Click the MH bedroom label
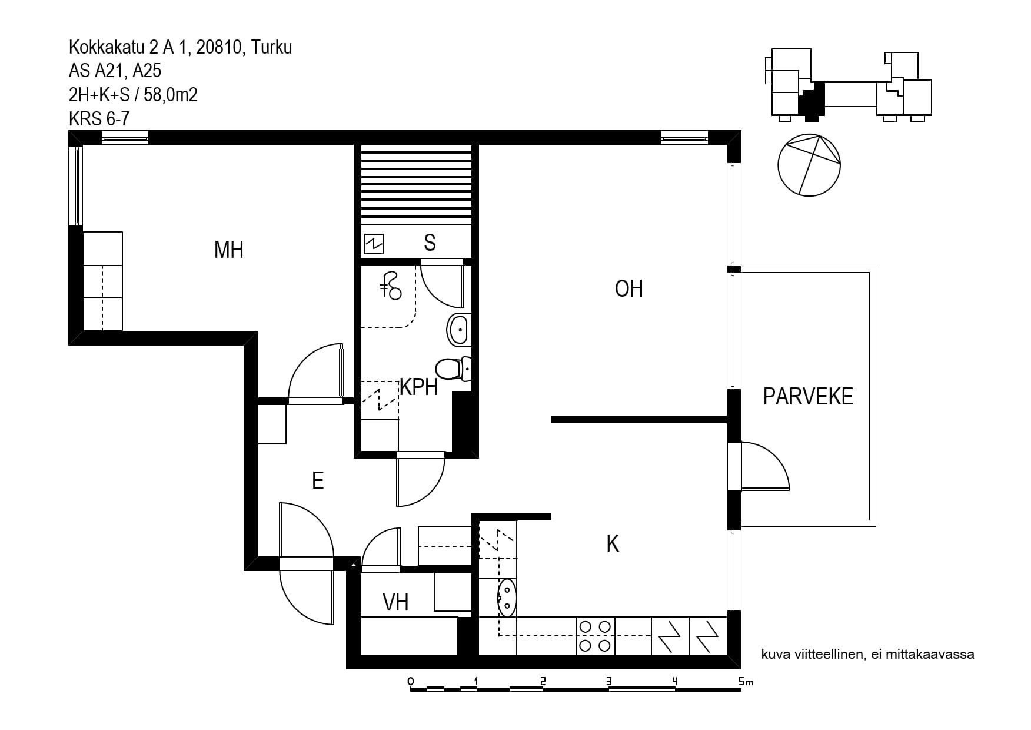tap(229, 250)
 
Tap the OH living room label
tap(628, 289)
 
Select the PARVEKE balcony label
tap(808, 397)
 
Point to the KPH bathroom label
tap(419, 387)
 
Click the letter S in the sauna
tap(430, 243)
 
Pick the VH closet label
tap(395, 602)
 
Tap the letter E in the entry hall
tap(318, 481)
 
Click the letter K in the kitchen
tap(613, 544)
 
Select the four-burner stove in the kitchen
tap(595, 636)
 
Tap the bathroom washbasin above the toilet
tap(459, 330)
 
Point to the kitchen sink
tap(507, 598)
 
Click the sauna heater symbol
tap(374, 243)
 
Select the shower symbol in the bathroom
tap(391, 286)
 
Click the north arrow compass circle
tap(809, 165)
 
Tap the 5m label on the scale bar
tap(746, 682)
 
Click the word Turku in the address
tap(272, 47)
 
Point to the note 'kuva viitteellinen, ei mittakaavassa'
tap(867, 654)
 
